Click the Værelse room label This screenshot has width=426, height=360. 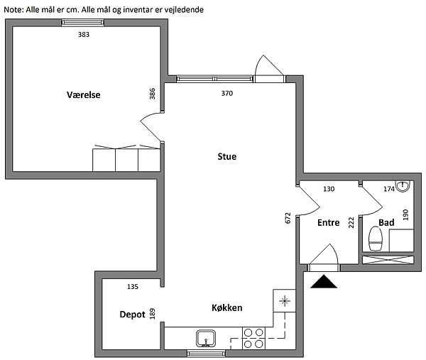pyautogui.click(x=83, y=95)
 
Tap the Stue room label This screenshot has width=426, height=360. pyautogui.click(x=227, y=156)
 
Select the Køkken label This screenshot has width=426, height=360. pyautogui.click(x=227, y=308)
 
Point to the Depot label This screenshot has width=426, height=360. pyautogui.click(x=132, y=315)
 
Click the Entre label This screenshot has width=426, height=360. pyautogui.click(x=329, y=223)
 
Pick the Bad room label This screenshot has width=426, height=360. pyautogui.click(x=386, y=223)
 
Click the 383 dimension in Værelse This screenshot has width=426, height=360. pyautogui.click(x=84, y=35)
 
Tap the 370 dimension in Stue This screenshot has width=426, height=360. pyautogui.click(x=227, y=94)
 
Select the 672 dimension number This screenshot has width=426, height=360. pyautogui.click(x=288, y=218)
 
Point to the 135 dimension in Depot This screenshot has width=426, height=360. pyautogui.click(x=133, y=287)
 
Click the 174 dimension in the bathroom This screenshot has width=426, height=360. pyautogui.click(x=389, y=189)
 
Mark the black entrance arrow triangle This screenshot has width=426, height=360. pyautogui.click(x=324, y=281)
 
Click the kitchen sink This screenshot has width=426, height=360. pyautogui.click(x=206, y=339)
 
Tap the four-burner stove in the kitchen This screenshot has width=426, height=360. pyautogui.click(x=253, y=338)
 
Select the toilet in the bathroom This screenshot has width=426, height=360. pyautogui.click(x=376, y=239)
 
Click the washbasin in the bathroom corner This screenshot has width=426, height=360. pyautogui.click(x=403, y=186)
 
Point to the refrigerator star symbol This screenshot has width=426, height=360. pyautogui.click(x=285, y=301)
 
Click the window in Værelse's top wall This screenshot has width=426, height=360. pyautogui.click(x=82, y=23)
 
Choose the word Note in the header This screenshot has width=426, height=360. pyautogui.click(x=13, y=10)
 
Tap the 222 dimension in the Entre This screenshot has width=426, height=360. pyautogui.click(x=351, y=222)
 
